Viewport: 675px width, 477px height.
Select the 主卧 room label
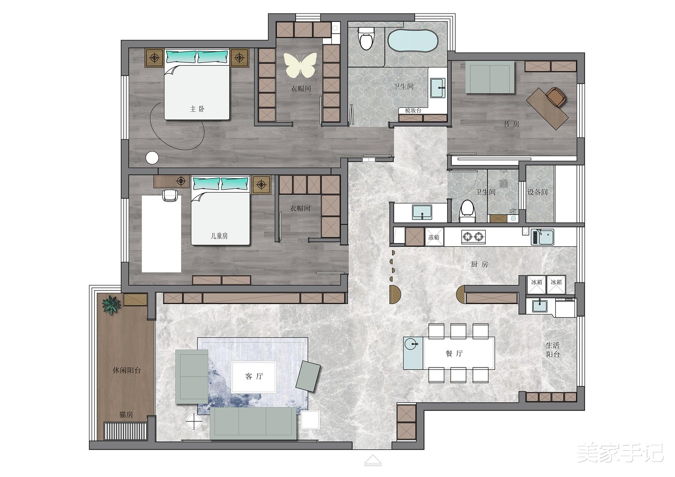(197, 109)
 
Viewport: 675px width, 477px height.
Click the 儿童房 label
(219, 236)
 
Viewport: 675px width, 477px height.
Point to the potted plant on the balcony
(111, 305)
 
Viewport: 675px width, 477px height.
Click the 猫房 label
(126, 415)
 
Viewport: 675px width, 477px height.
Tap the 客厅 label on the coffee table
(254, 376)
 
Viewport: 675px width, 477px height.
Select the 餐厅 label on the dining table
(454, 354)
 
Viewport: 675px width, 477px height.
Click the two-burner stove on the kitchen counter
(473, 237)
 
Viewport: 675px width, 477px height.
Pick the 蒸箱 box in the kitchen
(434, 237)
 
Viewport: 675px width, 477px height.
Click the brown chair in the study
(556, 96)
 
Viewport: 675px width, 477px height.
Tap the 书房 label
(511, 124)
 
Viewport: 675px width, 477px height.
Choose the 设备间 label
(537, 192)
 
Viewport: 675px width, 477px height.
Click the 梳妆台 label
(413, 110)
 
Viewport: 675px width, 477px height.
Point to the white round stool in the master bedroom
(152, 158)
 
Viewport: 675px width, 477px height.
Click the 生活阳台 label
(553, 350)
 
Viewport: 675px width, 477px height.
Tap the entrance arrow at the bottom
(373, 460)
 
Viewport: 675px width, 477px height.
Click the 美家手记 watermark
(620, 453)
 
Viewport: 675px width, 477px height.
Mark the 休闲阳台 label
(127, 370)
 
